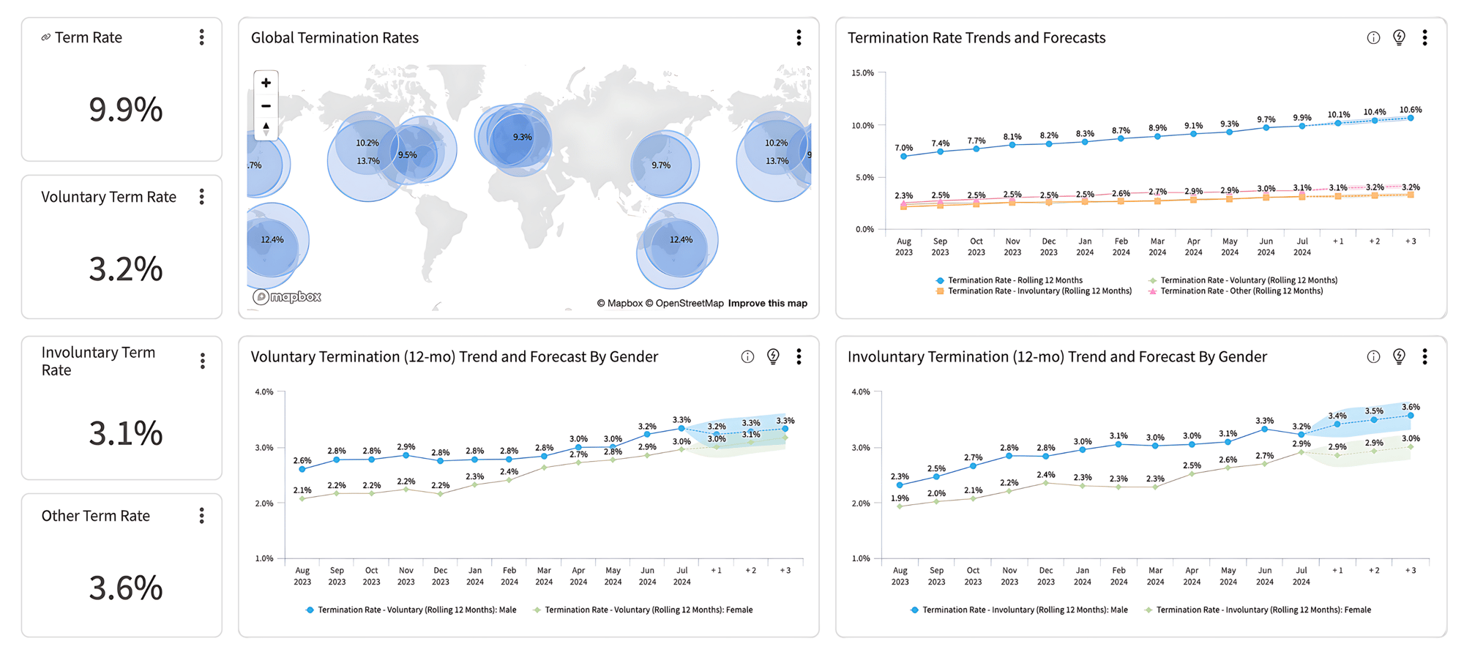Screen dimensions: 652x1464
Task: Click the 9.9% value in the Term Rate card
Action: coord(125,110)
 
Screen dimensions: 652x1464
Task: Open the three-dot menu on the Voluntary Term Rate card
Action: coord(202,197)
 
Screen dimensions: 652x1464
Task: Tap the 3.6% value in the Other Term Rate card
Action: coord(125,588)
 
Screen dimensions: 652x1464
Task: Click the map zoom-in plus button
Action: coord(266,83)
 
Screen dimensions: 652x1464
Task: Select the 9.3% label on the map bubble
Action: coord(522,137)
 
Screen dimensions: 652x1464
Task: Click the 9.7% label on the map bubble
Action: coord(661,165)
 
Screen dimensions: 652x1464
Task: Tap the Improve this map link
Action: coord(767,303)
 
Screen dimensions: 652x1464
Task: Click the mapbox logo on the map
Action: coord(287,296)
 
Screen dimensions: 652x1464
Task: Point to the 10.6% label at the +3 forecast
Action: coord(1410,110)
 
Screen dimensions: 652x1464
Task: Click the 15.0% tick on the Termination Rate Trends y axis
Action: coord(862,73)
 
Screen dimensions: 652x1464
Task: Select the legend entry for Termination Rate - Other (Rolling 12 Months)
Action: coord(1241,291)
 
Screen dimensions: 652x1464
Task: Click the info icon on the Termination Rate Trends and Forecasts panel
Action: coord(1373,38)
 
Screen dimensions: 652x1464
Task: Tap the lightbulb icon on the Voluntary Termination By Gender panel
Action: coord(773,356)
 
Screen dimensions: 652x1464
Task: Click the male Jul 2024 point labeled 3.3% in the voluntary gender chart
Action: coord(681,428)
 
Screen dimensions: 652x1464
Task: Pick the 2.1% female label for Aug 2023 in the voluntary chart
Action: coord(302,490)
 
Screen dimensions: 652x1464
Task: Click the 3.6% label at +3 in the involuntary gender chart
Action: coord(1410,407)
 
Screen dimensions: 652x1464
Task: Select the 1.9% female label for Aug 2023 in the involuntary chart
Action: coord(900,498)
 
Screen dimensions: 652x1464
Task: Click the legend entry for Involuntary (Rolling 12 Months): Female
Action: coord(1262,610)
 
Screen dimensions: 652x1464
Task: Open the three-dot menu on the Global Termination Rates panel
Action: coord(799,38)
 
